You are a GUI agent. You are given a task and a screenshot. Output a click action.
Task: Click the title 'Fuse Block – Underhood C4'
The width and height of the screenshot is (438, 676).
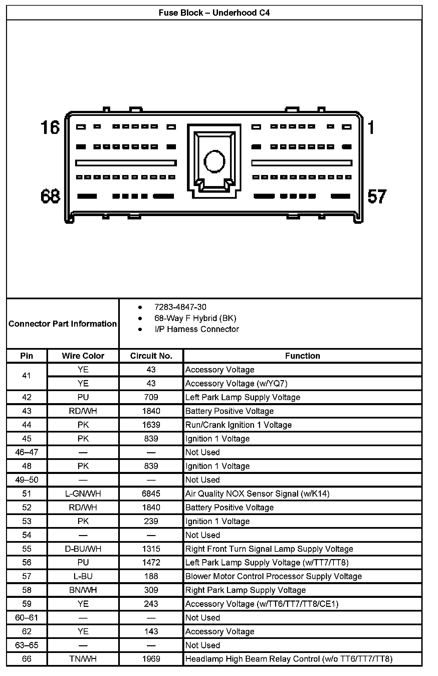214,13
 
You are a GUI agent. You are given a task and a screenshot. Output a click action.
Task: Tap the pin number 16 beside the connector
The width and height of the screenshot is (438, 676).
50,128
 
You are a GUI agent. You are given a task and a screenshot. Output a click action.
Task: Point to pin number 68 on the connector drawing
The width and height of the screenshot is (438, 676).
50,196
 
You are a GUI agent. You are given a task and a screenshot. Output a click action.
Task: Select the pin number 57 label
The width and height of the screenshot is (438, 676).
377,196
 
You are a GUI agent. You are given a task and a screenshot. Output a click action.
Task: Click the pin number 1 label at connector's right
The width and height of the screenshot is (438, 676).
371,128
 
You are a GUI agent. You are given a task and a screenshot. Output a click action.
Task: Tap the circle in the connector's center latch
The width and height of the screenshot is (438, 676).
214,161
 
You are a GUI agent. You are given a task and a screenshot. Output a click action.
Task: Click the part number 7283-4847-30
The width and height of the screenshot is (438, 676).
180,307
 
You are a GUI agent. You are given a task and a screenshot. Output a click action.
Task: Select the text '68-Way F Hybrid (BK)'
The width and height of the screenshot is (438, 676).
195,318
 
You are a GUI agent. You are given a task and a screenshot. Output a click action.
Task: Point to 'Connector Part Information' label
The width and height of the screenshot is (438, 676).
62,324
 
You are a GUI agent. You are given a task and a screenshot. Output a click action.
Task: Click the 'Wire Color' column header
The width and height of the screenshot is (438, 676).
83,356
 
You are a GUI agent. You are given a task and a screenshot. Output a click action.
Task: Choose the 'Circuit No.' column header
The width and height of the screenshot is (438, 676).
151,356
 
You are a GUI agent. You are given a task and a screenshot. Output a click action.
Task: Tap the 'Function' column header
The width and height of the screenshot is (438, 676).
302,356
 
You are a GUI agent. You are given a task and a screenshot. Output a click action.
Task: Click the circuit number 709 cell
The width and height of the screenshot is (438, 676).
151,397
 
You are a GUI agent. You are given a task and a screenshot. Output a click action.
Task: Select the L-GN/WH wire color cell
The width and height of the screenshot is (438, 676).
83,494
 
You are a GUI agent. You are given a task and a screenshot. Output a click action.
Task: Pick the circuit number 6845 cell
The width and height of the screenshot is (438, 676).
151,494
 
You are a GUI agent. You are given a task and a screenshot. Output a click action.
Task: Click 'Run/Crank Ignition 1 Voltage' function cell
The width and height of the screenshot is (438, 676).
238,425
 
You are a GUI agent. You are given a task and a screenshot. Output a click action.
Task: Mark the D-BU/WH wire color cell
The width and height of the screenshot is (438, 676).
83,549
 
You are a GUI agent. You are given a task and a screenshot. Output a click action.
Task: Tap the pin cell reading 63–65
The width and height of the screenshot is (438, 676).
27,645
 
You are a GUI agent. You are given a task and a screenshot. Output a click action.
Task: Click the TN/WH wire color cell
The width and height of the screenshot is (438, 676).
83,659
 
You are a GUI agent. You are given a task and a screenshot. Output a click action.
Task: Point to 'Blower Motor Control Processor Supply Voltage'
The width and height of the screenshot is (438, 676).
273,576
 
